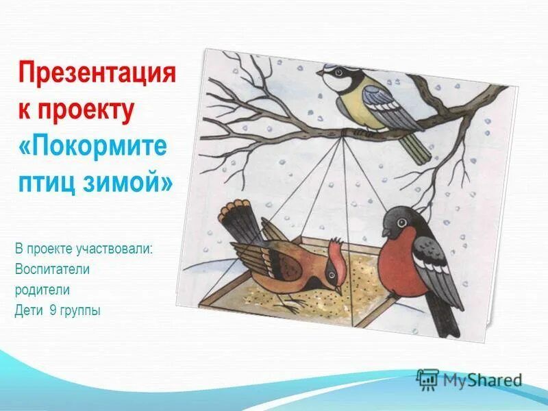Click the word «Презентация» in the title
(x=97, y=72)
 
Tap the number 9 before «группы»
(x=52, y=310)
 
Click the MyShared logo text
(x=482, y=379)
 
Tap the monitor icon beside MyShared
(x=427, y=379)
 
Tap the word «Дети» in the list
(x=28, y=310)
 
